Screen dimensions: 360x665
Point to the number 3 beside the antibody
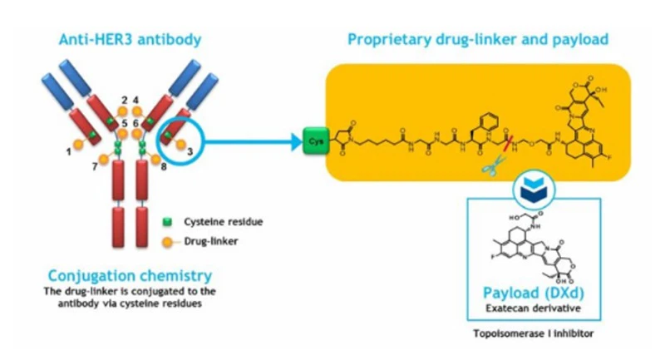[x=190, y=150]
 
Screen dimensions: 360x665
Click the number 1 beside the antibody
[x=68, y=151]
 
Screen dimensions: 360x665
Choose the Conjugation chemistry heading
[x=130, y=275]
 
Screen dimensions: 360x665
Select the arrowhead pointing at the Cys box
[x=293, y=138]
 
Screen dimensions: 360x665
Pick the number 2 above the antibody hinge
[x=125, y=101]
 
